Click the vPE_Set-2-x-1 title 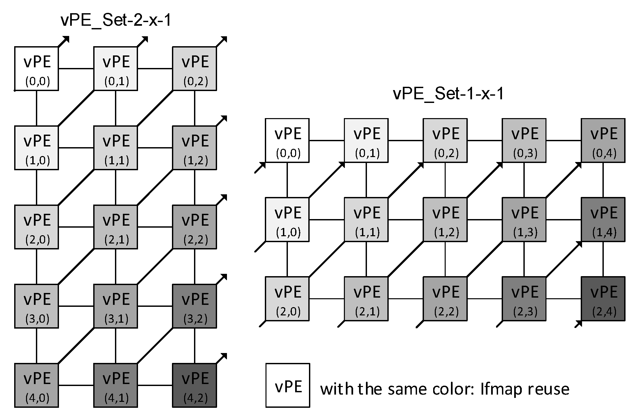[116, 20]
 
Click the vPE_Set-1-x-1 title [448, 94]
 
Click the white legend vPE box [288, 385]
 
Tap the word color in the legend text [452, 389]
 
